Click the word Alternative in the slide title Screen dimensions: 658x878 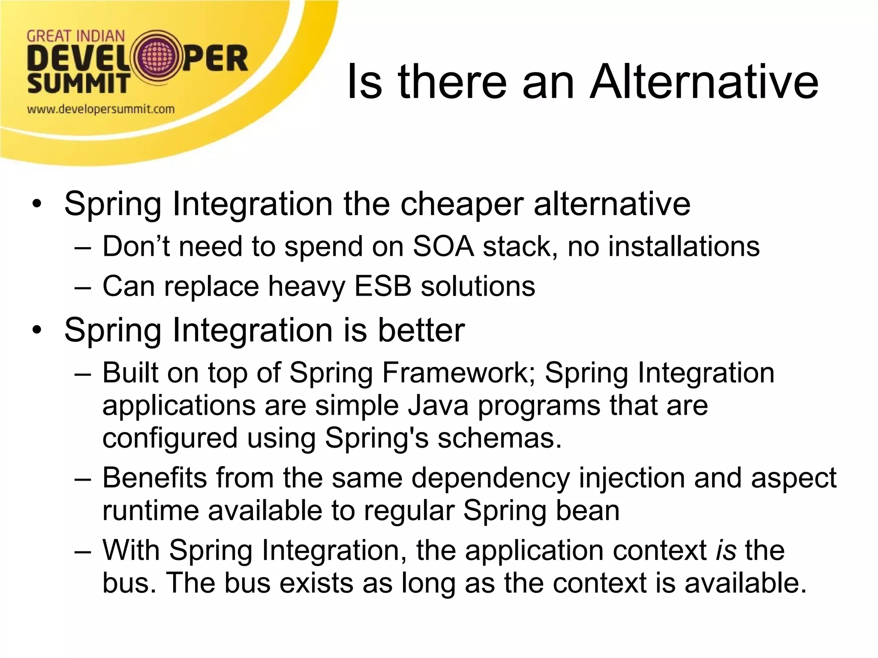point(704,81)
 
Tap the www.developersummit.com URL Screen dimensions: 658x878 point(101,109)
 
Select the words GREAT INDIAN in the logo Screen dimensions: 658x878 point(76,36)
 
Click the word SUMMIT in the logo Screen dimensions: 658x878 point(78,83)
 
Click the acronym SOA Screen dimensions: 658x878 point(443,247)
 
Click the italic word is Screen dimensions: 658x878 point(726,550)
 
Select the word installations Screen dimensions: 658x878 point(684,247)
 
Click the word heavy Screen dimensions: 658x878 point(306,286)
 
